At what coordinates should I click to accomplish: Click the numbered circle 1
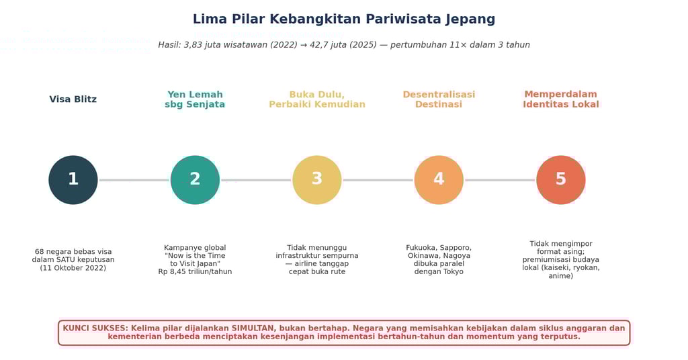tap(73, 180)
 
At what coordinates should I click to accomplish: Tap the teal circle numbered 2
tap(195, 180)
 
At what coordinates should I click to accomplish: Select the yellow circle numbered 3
tap(317, 180)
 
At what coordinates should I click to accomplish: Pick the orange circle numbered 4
tap(439, 180)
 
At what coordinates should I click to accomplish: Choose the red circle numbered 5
tap(561, 180)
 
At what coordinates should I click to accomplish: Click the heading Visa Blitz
tap(73, 99)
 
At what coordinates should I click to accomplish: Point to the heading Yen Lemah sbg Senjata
tap(195, 99)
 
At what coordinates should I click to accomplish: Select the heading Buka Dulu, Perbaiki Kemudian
tap(317, 99)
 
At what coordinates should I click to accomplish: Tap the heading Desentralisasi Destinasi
tap(439, 99)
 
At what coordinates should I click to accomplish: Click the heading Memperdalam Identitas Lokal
tap(561, 99)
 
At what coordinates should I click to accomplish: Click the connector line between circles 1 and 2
tap(134, 180)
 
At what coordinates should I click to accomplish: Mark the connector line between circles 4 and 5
tap(500, 180)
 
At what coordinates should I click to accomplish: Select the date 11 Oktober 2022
tap(73, 268)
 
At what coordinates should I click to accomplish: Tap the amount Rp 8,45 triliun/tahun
tap(195, 271)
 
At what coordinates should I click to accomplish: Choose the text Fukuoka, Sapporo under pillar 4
tap(439, 248)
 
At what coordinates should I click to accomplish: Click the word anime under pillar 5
tap(561, 275)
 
